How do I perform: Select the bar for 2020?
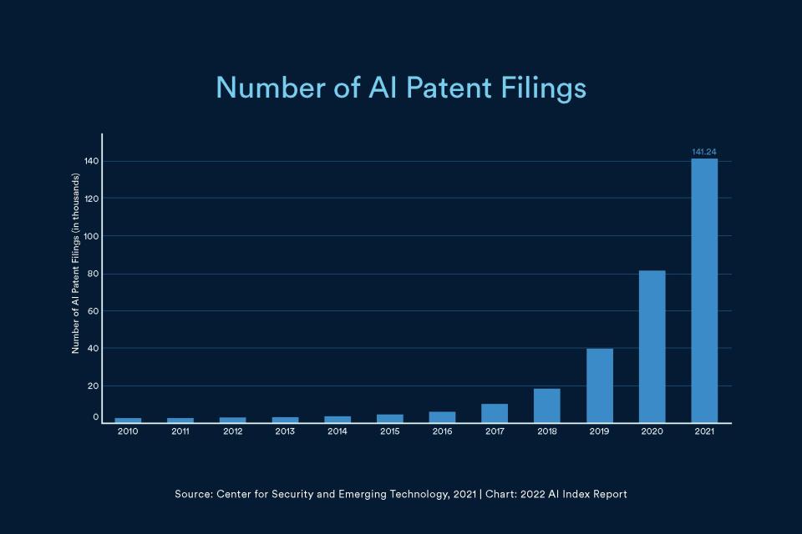[652, 346]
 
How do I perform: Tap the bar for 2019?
[600, 385]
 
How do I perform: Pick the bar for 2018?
[547, 406]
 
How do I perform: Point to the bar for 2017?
[495, 413]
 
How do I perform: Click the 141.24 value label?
[704, 152]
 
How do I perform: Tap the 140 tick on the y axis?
[91, 161]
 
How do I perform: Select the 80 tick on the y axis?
[92, 274]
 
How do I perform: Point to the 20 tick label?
[92, 386]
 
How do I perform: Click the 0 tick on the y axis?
[95, 417]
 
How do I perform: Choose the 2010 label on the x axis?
[128, 432]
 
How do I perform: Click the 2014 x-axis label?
[338, 432]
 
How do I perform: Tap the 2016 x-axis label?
[442, 432]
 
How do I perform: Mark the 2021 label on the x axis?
[704, 432]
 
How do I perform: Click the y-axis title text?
[75, 264]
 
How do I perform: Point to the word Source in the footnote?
[192, 495]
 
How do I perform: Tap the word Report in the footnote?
[608, 495]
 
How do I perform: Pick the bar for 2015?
[390, 418]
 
